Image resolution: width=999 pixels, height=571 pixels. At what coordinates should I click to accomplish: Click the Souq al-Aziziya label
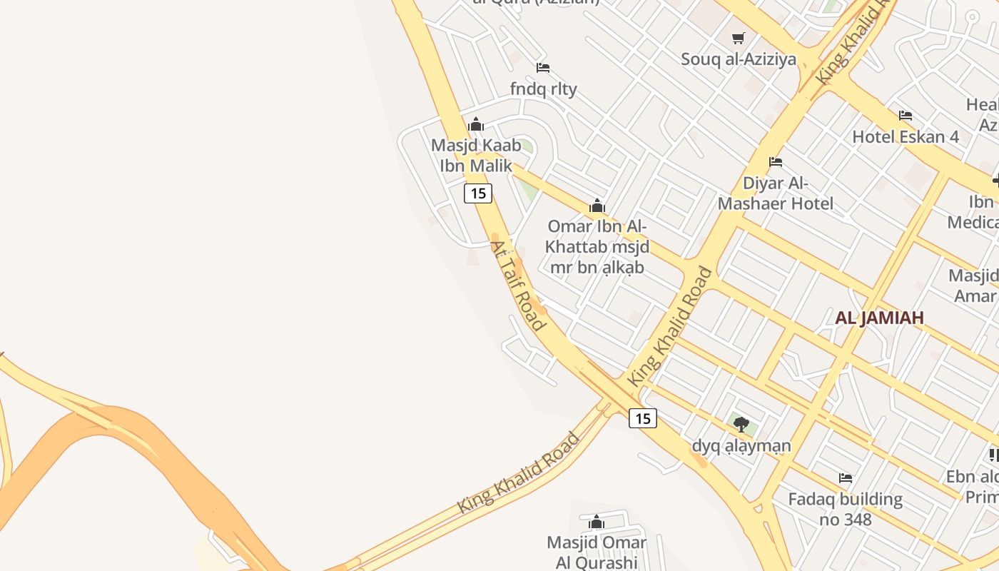(738, 59)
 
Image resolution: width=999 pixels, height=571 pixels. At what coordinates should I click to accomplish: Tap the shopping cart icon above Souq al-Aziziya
(738, 38)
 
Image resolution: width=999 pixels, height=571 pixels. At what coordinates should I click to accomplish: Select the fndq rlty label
(543, 89)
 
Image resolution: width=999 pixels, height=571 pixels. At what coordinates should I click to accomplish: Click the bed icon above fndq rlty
(543, 68)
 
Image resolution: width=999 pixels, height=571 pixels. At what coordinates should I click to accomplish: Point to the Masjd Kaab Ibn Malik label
(475, 156)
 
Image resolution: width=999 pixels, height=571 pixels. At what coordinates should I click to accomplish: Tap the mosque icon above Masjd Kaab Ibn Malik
(476, 125)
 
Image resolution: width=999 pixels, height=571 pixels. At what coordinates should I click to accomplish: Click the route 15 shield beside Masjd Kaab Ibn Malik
(478, 193)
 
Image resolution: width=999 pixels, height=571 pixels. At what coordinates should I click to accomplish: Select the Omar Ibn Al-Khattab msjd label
(597, 247)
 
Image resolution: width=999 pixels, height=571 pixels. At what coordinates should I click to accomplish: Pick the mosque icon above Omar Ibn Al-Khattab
(597, 206)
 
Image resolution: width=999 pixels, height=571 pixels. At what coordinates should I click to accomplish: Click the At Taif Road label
(518, 285)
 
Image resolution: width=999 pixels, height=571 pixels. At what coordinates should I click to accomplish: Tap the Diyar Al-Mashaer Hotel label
(775, 193)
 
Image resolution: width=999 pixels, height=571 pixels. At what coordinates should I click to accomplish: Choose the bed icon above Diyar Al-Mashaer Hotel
(776, 162)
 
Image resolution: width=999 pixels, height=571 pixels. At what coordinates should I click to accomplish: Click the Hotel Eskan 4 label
(906, 136)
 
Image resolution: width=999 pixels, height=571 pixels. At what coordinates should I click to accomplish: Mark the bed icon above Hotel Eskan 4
(906, 115)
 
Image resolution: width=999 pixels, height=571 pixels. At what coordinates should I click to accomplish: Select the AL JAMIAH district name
(879, 318)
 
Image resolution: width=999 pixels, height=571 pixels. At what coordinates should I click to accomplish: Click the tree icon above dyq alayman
(741, 425)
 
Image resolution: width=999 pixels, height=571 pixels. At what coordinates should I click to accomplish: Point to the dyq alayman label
(741, 446)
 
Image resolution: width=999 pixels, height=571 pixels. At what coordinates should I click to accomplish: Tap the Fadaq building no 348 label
(845, 509)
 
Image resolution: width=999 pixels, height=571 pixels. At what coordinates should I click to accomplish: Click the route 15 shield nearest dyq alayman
(643, 418)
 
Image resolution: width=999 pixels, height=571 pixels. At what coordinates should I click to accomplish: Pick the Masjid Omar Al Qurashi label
(597, 552)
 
